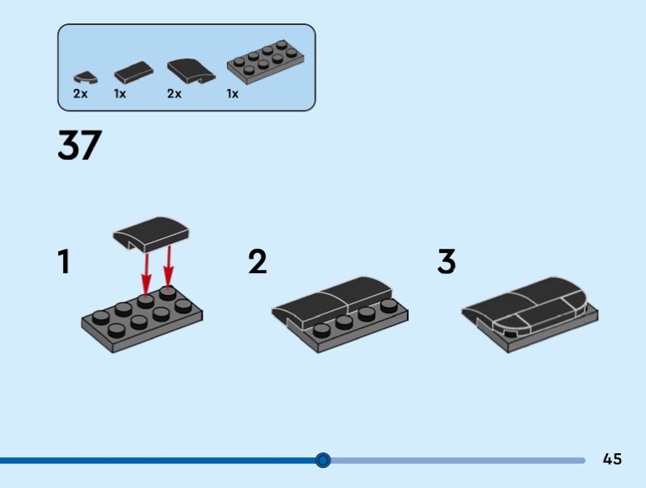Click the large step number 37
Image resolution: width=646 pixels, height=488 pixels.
click(79, 145)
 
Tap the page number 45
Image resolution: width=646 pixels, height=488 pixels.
click(612, 459)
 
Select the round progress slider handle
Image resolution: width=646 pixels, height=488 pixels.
click(323, 460)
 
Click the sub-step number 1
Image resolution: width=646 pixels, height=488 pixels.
click(64, 261)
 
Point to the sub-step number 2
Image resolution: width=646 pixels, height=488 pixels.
click(258, 261)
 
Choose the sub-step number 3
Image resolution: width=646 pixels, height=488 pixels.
click(447, 261)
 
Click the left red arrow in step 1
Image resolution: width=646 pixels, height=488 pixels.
click(146, 273)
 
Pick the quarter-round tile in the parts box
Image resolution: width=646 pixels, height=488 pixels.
click(86, 77)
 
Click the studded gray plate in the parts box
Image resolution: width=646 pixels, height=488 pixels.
click(266, 62)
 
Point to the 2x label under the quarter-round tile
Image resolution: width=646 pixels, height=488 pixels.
click(80, 94)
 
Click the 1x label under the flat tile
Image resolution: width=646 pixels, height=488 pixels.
click(120, 94)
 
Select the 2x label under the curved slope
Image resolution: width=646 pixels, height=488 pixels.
click(174, 94)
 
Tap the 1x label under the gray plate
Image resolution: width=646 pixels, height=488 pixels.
click(233, 94)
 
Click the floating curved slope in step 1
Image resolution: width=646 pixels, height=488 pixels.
click(150, 233)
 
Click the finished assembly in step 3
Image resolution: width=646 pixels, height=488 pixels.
click(531, 314)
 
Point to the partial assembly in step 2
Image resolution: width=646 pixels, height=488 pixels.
click(340, 314)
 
